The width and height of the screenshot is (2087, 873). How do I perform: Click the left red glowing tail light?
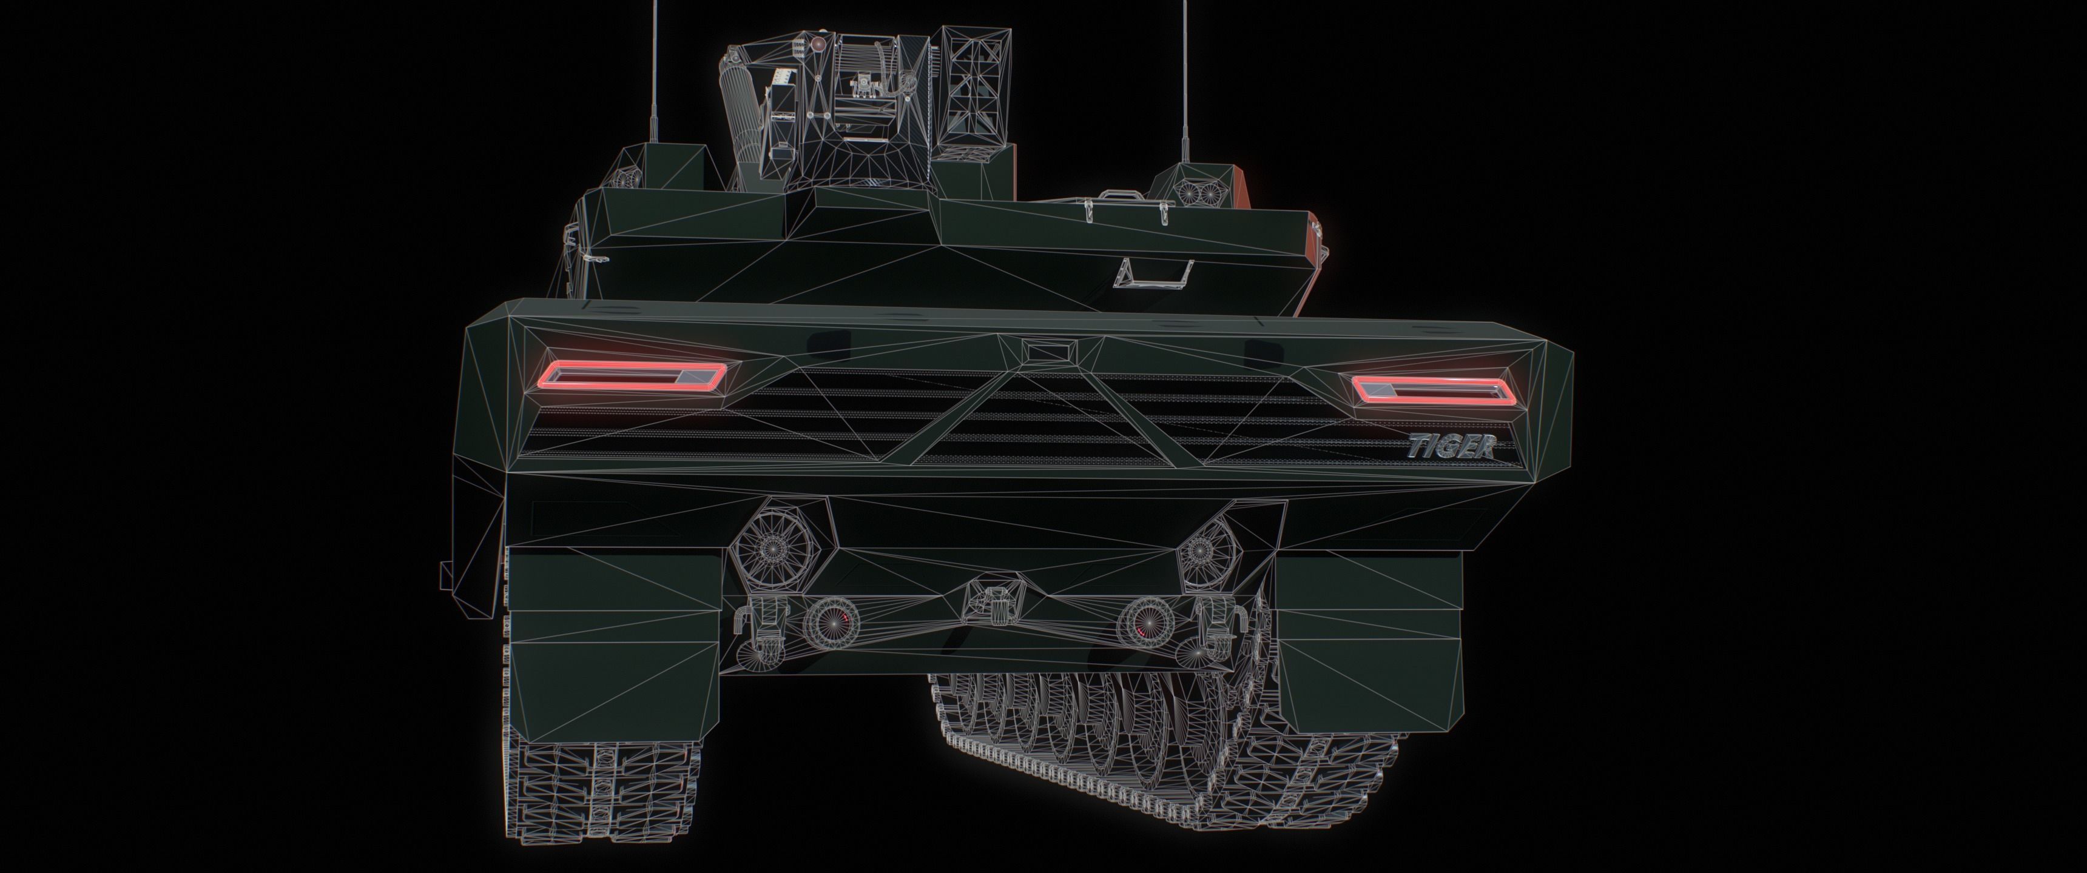click(635, 373)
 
